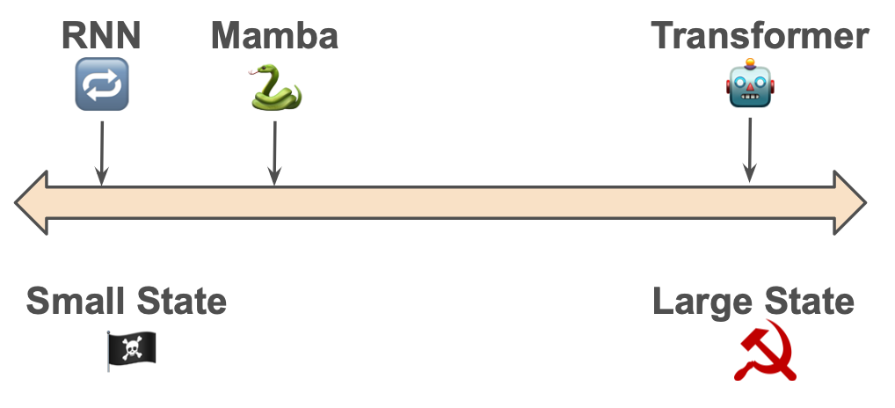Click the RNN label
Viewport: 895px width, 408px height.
[101, 36]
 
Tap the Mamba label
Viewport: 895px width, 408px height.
[274, 36]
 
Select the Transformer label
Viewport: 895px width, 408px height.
[760, 36]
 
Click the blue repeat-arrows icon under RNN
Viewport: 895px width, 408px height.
[102, 84]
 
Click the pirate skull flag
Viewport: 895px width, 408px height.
[131, 349]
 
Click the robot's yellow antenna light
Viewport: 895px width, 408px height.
[750, 62]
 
